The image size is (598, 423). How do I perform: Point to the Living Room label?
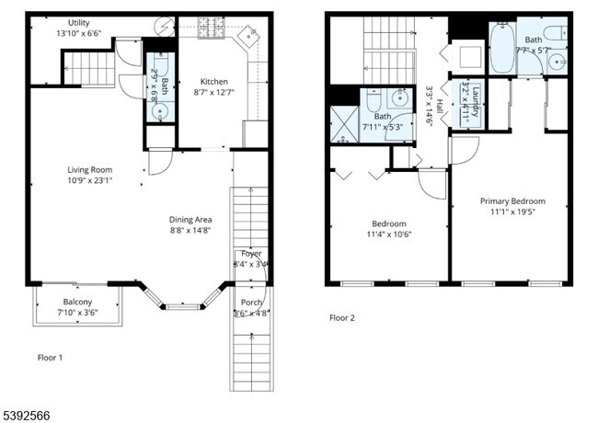89,169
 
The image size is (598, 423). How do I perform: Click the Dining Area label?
190,220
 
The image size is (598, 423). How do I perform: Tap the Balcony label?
77,302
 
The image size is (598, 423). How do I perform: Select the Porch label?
251,303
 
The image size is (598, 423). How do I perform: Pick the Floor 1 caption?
51,357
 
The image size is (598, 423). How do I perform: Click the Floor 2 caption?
342,318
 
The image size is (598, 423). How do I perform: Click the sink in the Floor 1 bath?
160,112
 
